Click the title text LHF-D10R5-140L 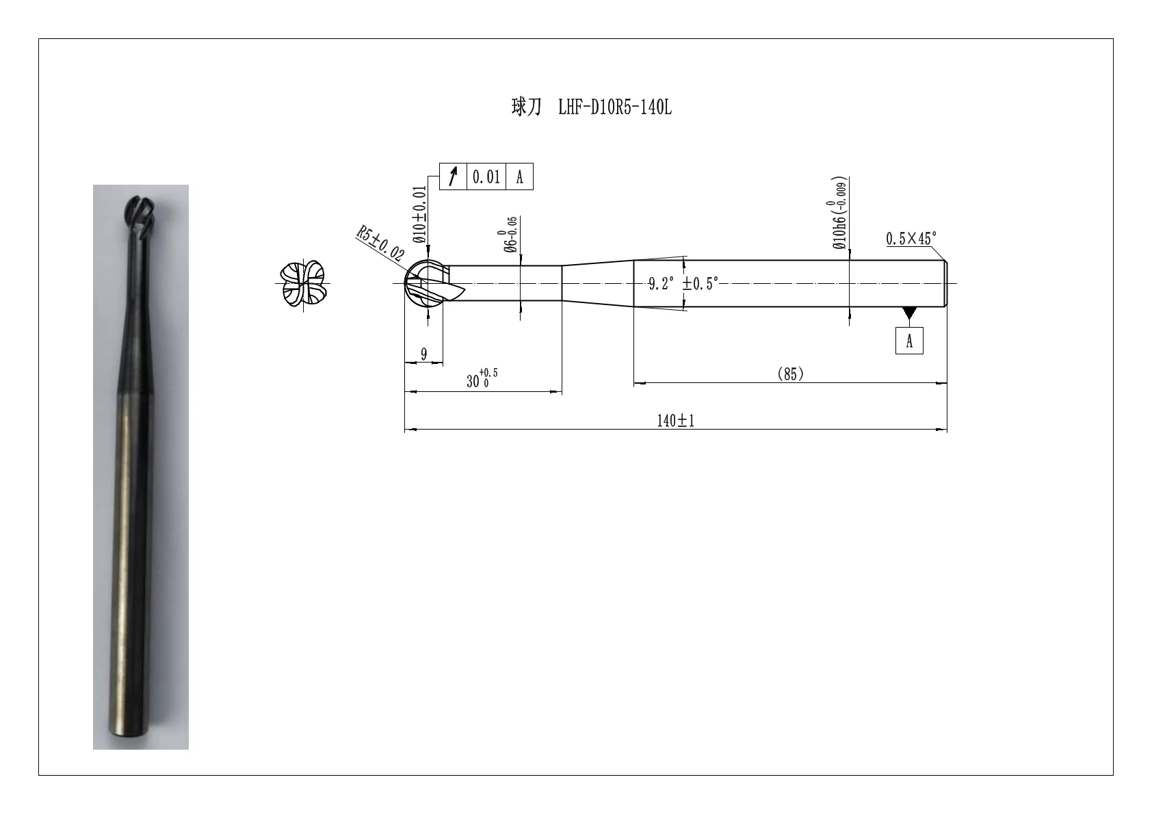tap(614, 107)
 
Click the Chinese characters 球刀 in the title tap(526, 107)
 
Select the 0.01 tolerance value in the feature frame tap(486, 177)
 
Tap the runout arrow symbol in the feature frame tap(453, 176)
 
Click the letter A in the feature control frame tap(519, 177)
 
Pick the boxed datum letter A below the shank tap(909, 341)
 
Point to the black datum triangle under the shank tap(909, 312)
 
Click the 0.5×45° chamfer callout tap(911, 239)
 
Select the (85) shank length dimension tap(790, 374)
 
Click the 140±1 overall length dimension tap(675, 421)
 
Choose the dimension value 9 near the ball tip tap(423, 354)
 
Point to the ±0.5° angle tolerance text tap(700, 283)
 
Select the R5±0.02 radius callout tap(380, 243)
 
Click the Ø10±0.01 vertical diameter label tap(419, 214)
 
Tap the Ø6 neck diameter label tap(510, 235)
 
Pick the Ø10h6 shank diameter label tap(839, 213)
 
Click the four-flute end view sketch tap(303, 284)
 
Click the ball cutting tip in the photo tap(140, 216)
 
